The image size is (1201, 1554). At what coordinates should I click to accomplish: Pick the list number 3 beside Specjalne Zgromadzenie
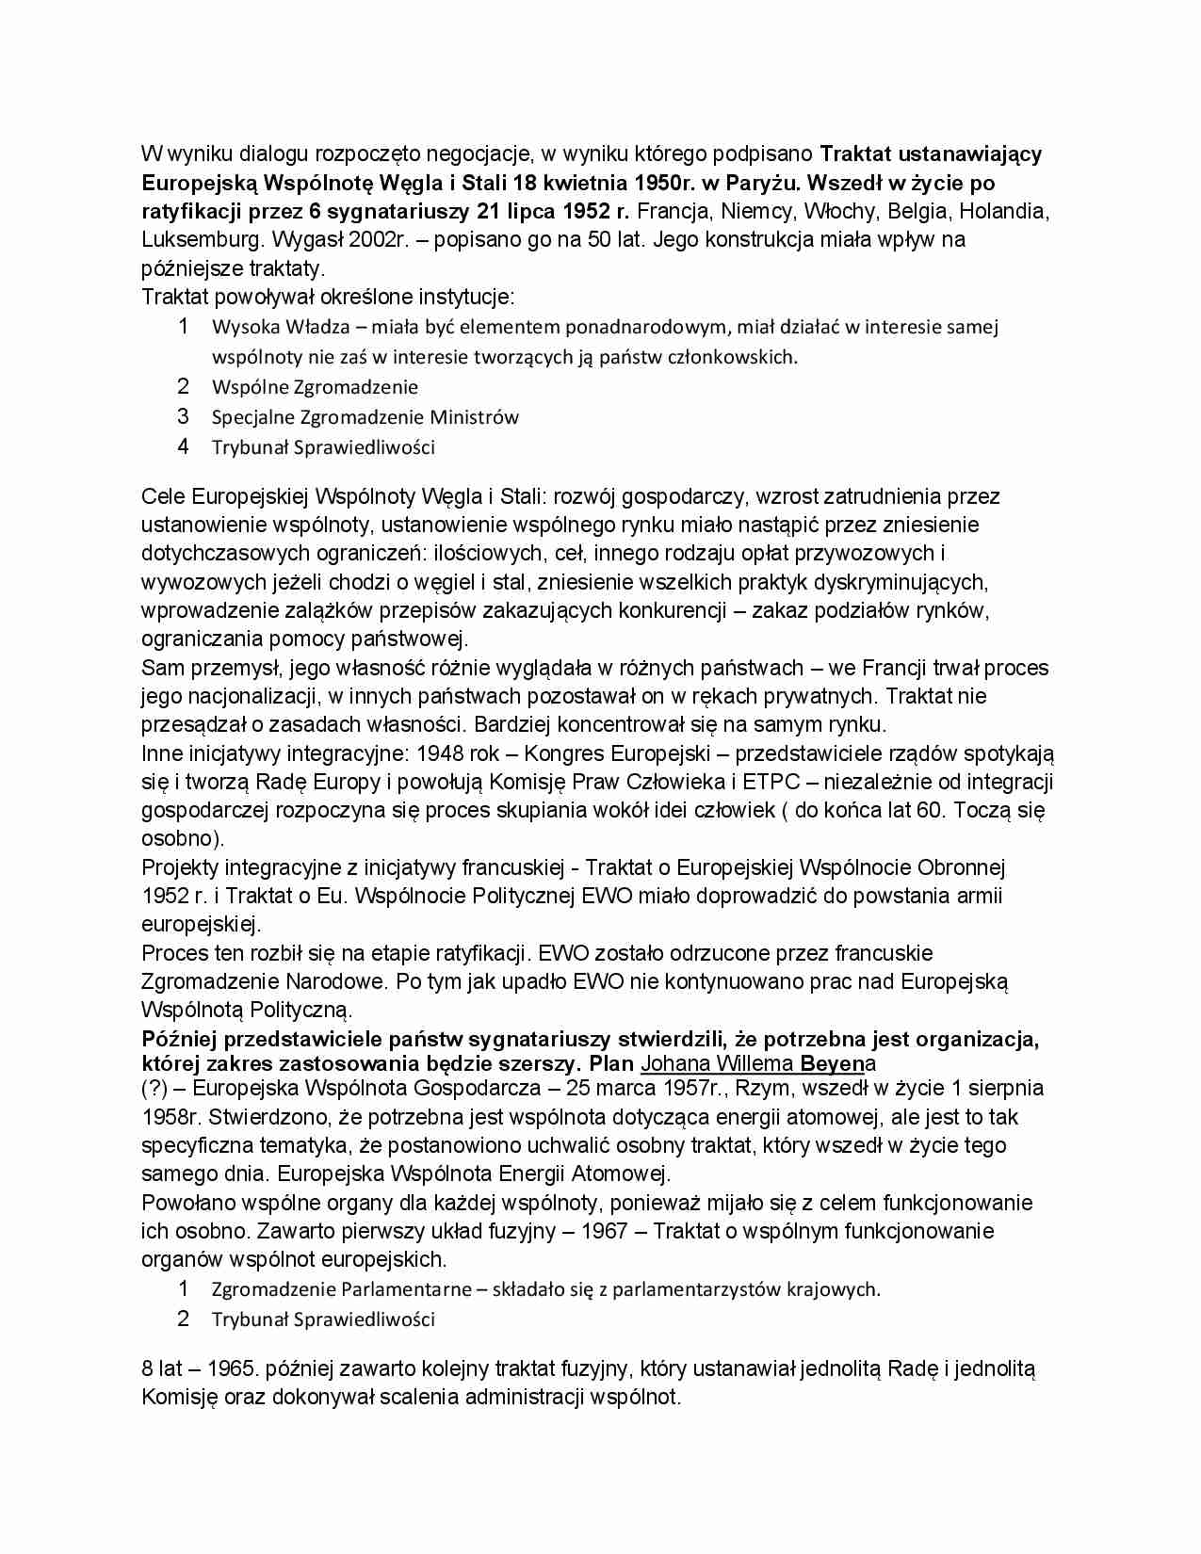coord(184,416)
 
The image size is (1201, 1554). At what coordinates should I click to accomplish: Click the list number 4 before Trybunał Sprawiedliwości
coord(184,446)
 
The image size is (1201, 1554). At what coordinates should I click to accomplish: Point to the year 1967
coord(603,1232)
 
